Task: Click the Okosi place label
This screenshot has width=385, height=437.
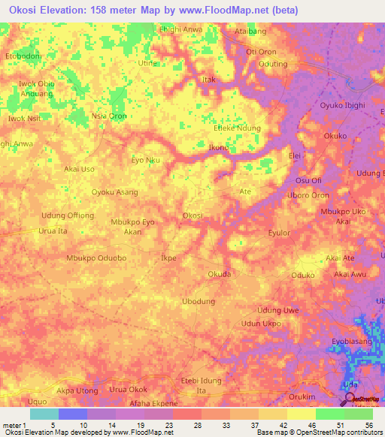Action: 192,215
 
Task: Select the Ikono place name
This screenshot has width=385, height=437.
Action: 218,148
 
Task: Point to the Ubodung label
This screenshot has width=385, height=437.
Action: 199,301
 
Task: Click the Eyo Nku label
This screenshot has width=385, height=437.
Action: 146,160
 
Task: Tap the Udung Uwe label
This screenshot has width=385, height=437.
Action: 278,310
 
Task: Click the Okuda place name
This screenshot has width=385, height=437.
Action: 219,274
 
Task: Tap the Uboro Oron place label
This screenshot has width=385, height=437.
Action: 308,195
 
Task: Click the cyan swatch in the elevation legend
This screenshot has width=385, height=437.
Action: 44,414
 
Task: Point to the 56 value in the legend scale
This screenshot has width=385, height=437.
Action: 368,426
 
